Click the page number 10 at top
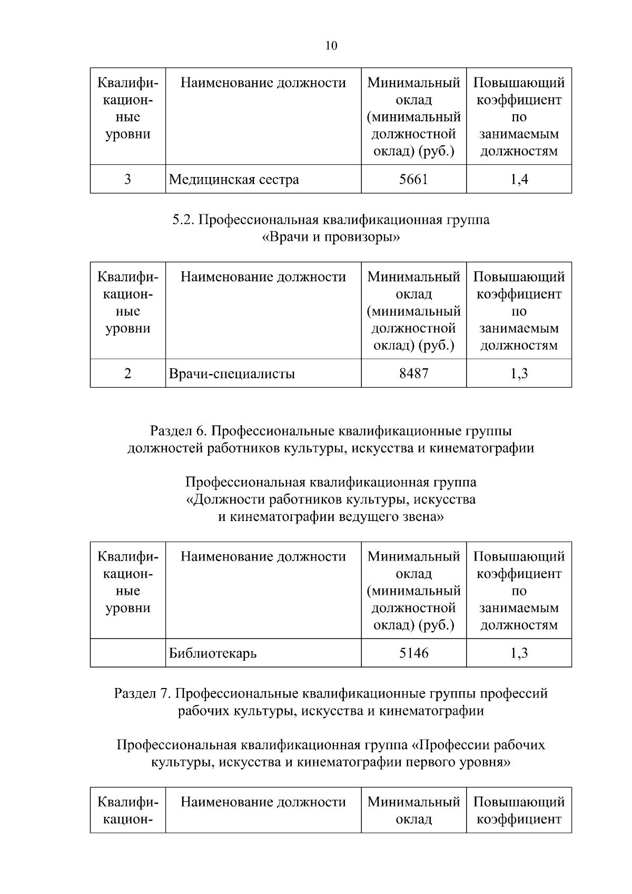pos(331,46)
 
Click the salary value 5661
pos(413,180)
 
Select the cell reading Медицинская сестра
pos(234,180)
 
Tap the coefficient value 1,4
pos(519,180)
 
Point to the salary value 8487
pos(413,374)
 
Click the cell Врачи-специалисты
pos(232,374)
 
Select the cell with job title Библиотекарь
pos(213,654)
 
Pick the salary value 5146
pos(413,653)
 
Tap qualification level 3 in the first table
pos(127,180)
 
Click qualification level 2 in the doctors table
pos(127,374)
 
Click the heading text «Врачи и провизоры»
pos(331,237)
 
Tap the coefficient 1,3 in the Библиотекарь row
pos(519,653)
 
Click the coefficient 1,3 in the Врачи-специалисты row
pos(519,374)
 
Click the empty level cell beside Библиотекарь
pos(127,653)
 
